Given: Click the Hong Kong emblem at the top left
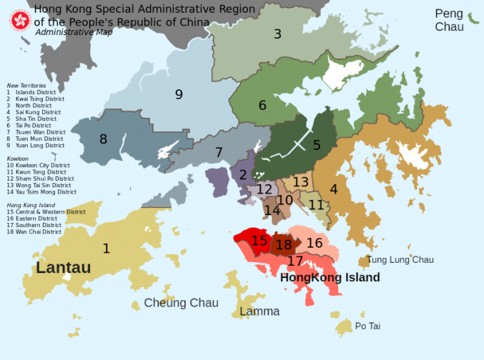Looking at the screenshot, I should (x=19, y=20).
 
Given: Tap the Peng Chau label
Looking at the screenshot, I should (x=449, y=20).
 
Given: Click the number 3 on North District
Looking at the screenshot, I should (x=277, y=34).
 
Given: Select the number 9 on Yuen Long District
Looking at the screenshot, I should (x=179, y=94).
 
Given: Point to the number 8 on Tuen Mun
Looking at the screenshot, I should (x=103, y=139).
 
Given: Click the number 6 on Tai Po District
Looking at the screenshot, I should (x=262, y=106).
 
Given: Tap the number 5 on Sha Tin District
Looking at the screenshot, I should (x=317, y=145).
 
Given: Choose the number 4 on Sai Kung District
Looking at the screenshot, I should (x=334, y=189).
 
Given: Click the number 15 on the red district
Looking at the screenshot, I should (x=260, y=241).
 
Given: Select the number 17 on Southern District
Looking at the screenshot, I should (x=295, y=261).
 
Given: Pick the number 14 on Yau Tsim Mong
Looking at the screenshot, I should (x=272, y=211).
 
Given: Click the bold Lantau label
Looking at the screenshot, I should (x=64, y=268).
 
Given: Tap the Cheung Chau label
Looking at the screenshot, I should (x=181, y=303).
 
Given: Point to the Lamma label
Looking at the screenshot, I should (x=260, y=311).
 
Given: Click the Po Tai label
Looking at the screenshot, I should (x=367, y=326).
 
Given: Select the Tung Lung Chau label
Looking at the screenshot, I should (x=400, y=260).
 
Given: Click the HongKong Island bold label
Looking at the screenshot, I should (x=330, y=278).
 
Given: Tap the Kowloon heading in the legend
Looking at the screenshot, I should (x=18, y=157).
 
